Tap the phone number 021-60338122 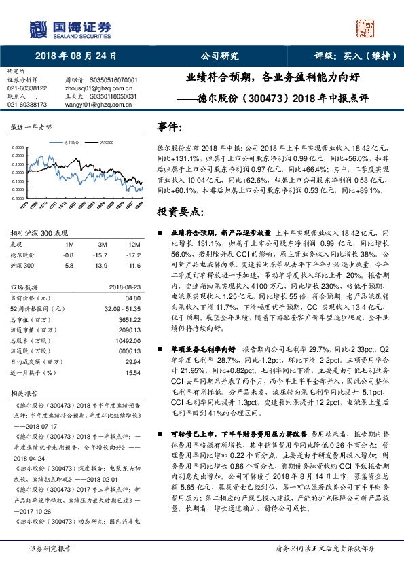27,88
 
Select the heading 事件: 169,127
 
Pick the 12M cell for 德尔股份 133,254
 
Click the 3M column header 101,245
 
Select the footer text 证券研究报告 46,565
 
